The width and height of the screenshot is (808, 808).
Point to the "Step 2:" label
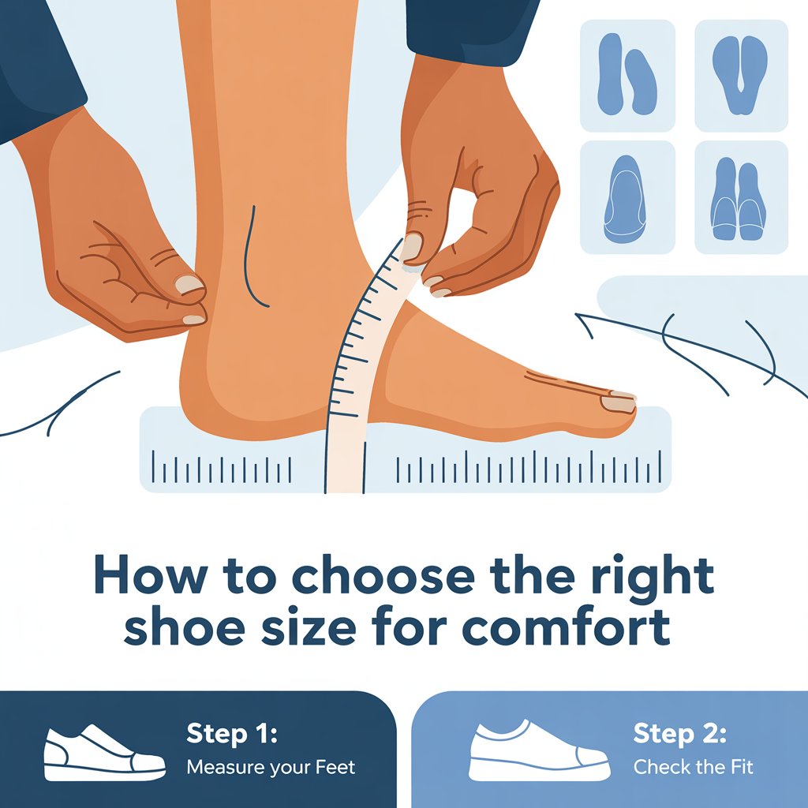pos(679,734)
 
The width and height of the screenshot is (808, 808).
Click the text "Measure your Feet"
pos(271,766)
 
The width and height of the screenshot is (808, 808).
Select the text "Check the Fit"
pos(694,766)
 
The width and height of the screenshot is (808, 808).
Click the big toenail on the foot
pos(618,403)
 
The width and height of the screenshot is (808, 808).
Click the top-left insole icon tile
pos(627,75)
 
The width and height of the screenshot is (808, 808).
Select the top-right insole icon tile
pos(741,75)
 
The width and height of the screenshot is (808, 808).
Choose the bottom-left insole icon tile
pos(627,197)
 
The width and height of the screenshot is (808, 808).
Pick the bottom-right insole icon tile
pos(741,197)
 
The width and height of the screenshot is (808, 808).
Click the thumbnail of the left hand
pos(189,285)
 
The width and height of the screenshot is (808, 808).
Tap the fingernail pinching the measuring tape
pos(412,247)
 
